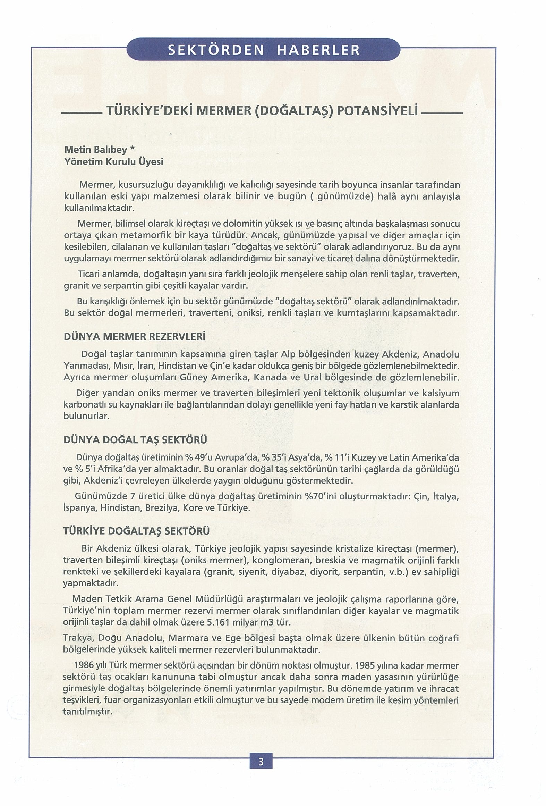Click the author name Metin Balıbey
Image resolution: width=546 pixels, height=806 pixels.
coord(95,150)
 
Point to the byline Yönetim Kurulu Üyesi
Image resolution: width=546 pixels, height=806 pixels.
coord(114,162)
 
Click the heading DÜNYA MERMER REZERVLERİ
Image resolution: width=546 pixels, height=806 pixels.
coord(135,337)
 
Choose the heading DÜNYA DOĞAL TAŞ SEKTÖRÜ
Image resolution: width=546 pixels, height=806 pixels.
coord(135,440)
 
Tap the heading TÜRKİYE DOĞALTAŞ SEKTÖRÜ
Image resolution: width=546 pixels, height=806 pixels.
coord(137,531)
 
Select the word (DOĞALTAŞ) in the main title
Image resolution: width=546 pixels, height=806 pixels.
coord(294,111)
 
